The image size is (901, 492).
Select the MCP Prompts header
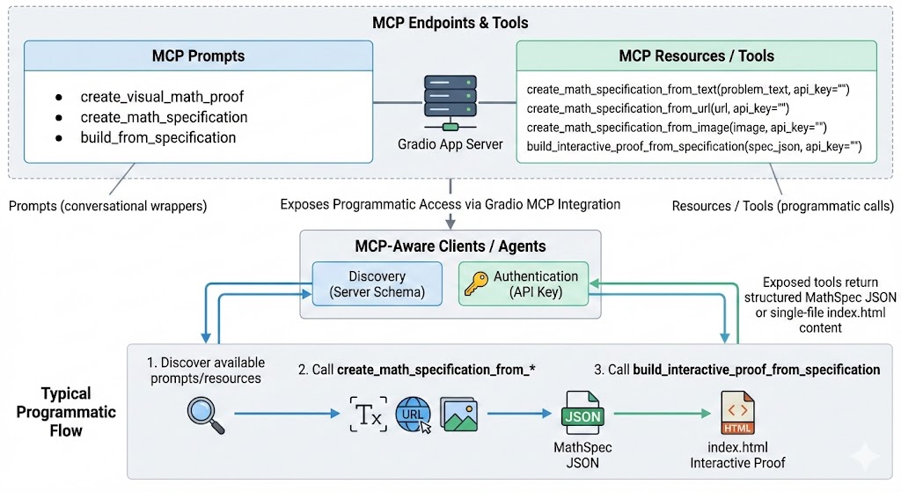click(198, 55)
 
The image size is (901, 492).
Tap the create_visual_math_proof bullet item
click(161, 97)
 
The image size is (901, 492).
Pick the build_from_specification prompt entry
click(157, 137)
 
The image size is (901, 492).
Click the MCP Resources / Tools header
click(696, 55)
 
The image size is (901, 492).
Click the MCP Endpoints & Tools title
click(450, 22)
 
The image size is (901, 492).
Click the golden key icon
click(476, 283)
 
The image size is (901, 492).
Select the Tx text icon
click(367, 414)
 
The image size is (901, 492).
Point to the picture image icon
click(459, 414)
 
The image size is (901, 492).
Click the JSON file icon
click(582, 414)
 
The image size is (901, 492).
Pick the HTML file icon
click(737, 414)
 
